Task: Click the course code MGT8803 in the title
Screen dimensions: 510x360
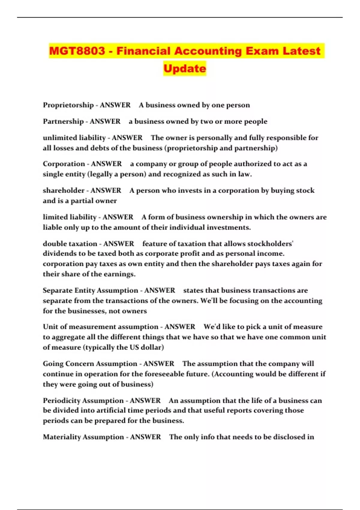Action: point(77,51)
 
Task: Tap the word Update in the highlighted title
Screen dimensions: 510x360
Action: point(185,68)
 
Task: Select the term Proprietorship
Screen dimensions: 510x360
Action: point(68,105)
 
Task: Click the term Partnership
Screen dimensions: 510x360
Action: point(63,121)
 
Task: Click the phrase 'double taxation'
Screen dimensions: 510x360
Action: point(70,244)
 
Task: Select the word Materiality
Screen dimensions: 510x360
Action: point(62,437)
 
